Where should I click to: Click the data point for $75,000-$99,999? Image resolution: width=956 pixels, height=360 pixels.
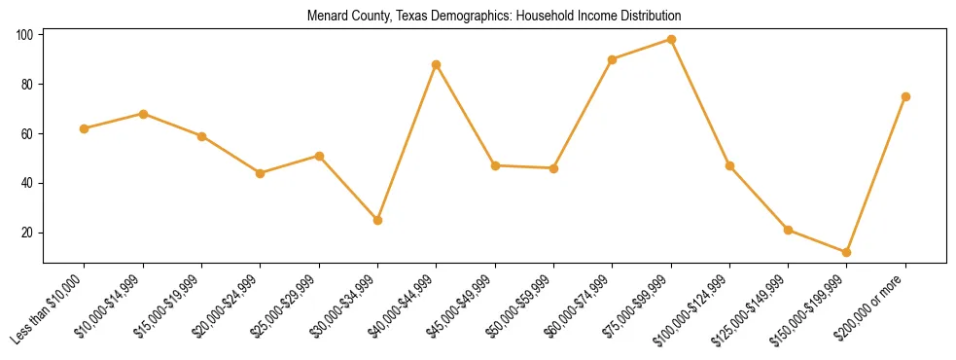(x=671, y=40)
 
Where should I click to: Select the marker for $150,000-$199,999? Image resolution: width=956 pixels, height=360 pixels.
(x=846, y=252)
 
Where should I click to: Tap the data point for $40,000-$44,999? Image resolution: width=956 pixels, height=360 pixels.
(x=436, y=64)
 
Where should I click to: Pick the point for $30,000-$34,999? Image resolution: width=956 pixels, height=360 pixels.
(x=377, y=220)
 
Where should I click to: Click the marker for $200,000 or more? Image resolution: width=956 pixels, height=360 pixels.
(x=905, y=96)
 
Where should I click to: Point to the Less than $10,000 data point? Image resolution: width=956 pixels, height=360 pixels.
(x=84, y=128)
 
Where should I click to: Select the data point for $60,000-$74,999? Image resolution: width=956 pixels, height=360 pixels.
(x=612, y=59)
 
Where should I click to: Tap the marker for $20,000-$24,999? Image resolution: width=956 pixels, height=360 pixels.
(x=260, y=173)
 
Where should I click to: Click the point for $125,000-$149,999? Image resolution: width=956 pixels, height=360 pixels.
(x=788, y=230)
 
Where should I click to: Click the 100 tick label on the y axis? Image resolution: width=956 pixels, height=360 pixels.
(x=25, y=35)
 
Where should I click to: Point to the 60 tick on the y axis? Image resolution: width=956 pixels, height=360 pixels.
(x=28, y=133)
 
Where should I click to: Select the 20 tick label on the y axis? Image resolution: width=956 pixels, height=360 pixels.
(x=28, y=233)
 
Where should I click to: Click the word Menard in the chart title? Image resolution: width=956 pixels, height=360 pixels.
(x=327, y=17)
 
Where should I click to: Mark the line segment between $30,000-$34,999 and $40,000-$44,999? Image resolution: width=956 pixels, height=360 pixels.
(x=407, y=142)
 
